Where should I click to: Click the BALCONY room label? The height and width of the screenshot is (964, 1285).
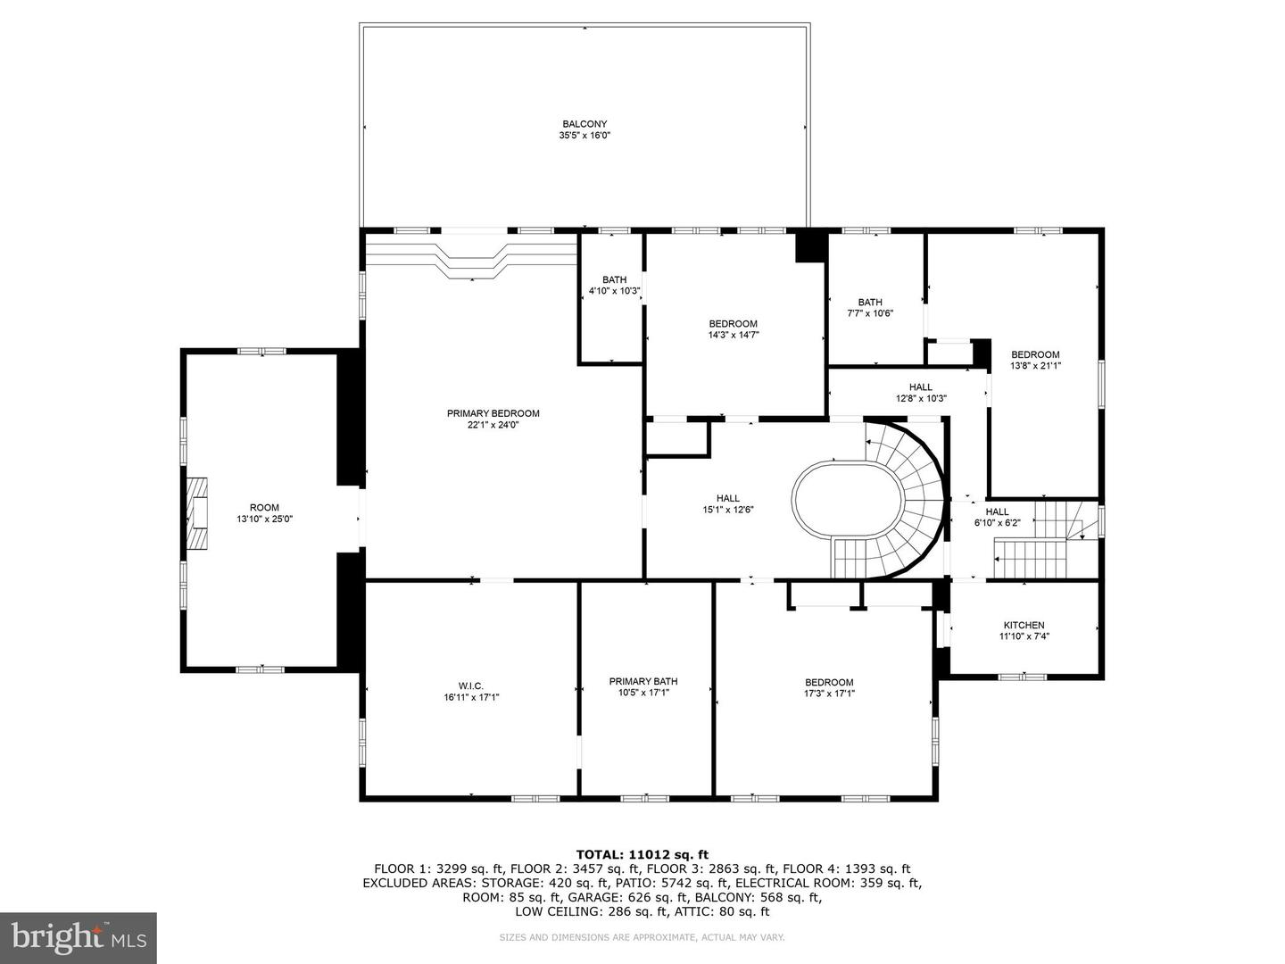pos(584,124)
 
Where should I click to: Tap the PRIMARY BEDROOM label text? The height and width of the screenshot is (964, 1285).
pos(493,413)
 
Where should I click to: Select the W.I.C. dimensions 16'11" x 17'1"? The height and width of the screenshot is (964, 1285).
pos(471,697)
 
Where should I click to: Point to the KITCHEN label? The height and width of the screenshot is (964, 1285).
pos(1024,625)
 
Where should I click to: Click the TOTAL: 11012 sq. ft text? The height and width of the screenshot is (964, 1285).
pos(642,854)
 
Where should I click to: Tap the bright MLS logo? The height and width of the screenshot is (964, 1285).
pos(78,937)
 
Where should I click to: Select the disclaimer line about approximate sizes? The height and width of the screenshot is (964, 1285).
pos(642,937)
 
